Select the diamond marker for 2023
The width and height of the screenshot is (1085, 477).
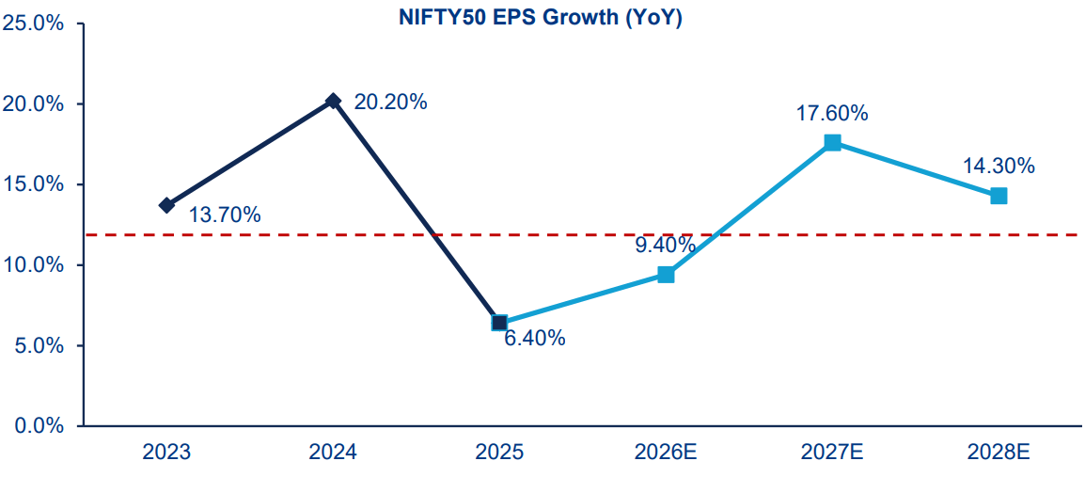point(166,205)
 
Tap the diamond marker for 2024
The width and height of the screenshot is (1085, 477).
point(333,101)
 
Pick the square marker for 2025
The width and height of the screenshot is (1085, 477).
point(499,323)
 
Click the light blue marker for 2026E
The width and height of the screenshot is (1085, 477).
point(666,275)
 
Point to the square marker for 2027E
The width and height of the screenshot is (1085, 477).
point(832,142)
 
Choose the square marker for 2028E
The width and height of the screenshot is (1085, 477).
point(999,196)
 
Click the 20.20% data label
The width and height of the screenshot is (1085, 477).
point(390,103)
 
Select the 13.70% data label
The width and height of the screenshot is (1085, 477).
point(225,215)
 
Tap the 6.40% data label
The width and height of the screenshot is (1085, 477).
point(534,339)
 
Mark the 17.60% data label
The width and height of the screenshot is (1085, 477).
point(832,114)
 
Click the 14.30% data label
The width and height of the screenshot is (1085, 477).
point(999,167)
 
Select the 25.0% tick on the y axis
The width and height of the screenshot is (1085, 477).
point(33,24)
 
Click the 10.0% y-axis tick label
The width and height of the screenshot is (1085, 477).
point(33,265)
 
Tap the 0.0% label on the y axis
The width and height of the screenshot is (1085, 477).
point(38,426)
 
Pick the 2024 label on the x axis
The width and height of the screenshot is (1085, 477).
point(333,453)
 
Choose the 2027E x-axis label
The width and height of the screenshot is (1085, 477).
point(832,453)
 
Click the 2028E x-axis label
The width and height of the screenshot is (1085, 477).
point(999,453)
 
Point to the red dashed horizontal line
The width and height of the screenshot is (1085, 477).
point(282,234)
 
